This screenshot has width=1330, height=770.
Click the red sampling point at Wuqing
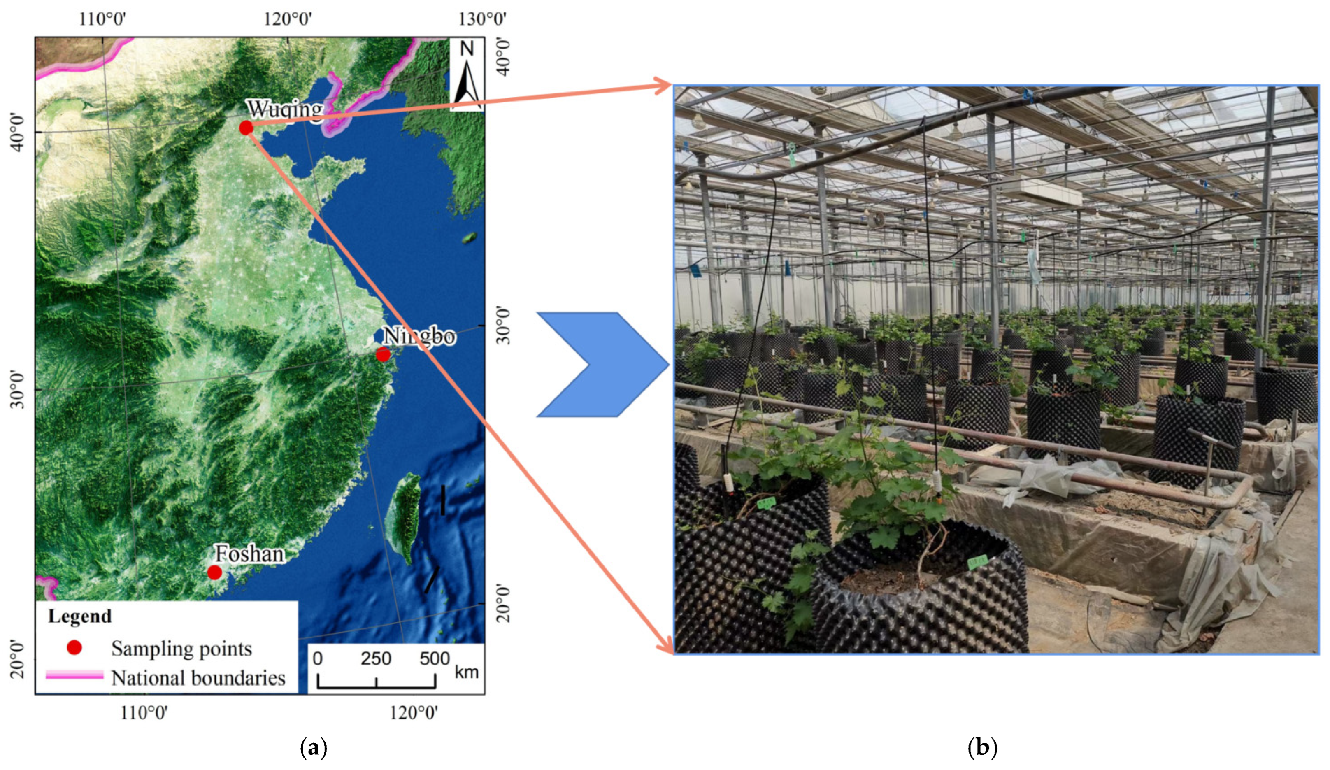tap(245, 128)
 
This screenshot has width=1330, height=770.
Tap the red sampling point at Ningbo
tap(383, 354)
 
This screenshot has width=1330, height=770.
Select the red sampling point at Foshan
tap(214, 572)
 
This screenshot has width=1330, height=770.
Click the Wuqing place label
tap(285, 109)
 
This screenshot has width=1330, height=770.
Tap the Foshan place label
tap(250, 554)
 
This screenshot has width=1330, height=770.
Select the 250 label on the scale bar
tap(376, 658)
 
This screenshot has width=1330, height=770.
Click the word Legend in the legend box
tap(80, 616)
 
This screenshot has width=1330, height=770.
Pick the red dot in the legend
tap(75, 648)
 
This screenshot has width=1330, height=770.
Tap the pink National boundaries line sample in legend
tap(74, 675)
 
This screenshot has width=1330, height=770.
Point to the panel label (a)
tap(314, 748)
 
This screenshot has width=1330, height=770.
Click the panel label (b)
tap(983, 748)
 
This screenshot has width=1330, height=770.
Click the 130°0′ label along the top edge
tap(482, 19)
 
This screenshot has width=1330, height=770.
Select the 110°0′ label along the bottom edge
tap(144, 714)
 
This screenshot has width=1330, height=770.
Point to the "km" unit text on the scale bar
tap(467, 672)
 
